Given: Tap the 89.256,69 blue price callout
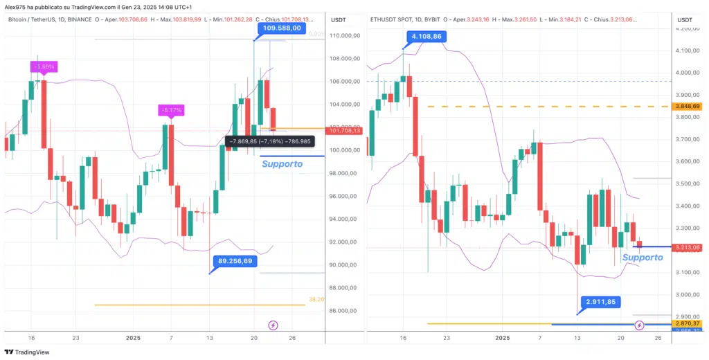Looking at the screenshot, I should (235, 262).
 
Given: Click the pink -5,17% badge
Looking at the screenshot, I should (170, 110).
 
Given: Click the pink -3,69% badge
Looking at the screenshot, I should (43, 67).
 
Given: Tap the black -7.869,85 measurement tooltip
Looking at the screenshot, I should (270, 141).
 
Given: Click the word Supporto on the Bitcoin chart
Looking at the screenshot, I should (282, 164).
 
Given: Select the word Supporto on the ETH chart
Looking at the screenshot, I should (643, 258).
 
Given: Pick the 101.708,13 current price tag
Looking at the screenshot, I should (343, 130).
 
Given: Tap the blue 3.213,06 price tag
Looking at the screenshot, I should (690, 247).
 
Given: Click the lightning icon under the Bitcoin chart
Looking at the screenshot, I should (273, 325).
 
